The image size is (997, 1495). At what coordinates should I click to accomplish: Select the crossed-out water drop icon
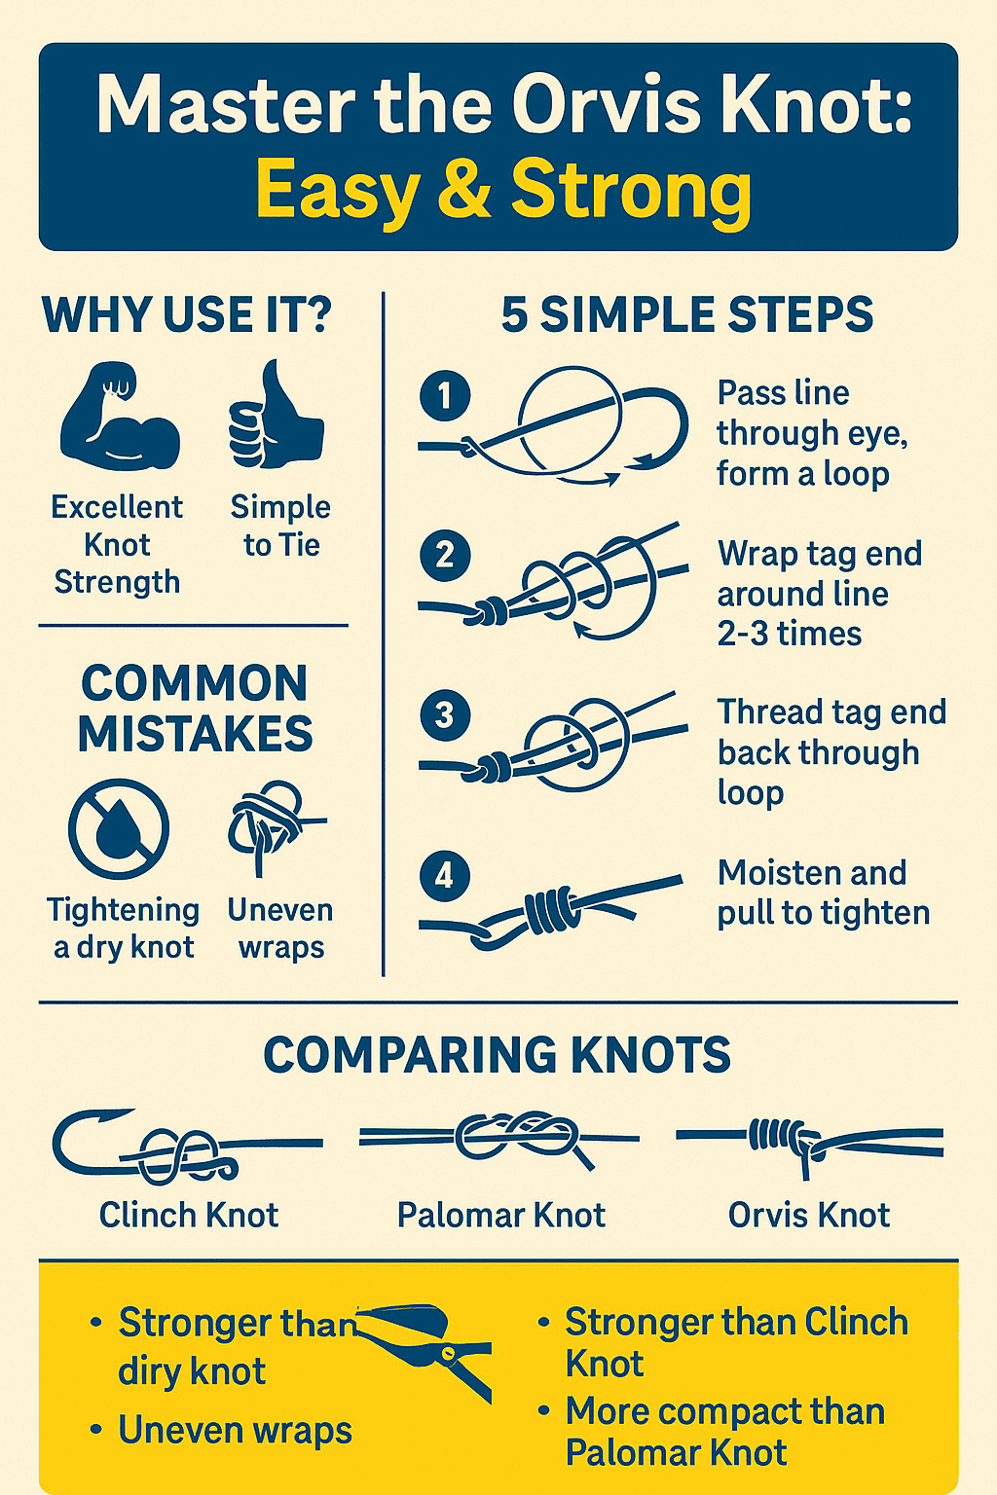(x=119, y=828)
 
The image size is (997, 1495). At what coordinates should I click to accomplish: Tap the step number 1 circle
(x=445, y=396)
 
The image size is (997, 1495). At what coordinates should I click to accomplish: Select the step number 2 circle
(x=445, y=556)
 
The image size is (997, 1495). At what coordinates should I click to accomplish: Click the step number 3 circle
(x=445, y=715)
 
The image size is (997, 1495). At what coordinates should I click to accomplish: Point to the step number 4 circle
(x=445, y=876)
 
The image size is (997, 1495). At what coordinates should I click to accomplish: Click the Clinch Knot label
(x=188, y=1215)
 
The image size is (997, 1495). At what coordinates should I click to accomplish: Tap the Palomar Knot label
(x=500, y=1215)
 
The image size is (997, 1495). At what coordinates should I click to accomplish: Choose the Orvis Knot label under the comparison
(x=809, y=1215)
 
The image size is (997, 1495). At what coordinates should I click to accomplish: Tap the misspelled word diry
(x=148, y=1372)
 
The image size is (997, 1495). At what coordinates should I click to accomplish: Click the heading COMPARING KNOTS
(x=498, y=1055)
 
